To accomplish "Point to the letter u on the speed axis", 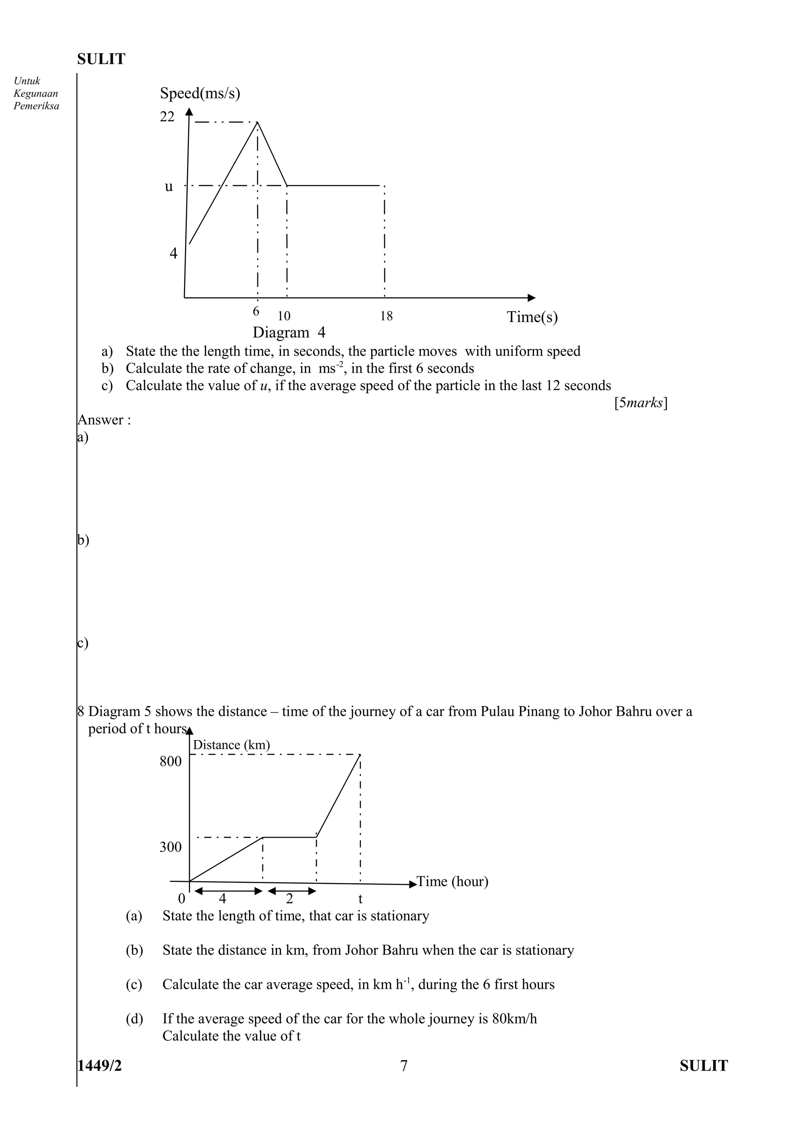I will click(169, 186).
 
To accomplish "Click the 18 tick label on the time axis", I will click(386, 316).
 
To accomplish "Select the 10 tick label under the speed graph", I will click(284, 316).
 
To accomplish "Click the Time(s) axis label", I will click(532, 317).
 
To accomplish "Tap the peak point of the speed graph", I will click(257, 122).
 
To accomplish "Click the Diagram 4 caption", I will click(289, 332).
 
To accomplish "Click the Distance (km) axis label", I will click(231, 745).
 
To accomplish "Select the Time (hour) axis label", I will click(452, 882).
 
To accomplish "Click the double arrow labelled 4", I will click(228, 891).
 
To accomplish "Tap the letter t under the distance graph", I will click(361, 899).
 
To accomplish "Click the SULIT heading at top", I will click(101, 59).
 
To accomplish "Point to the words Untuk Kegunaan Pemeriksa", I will click(36, 93).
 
